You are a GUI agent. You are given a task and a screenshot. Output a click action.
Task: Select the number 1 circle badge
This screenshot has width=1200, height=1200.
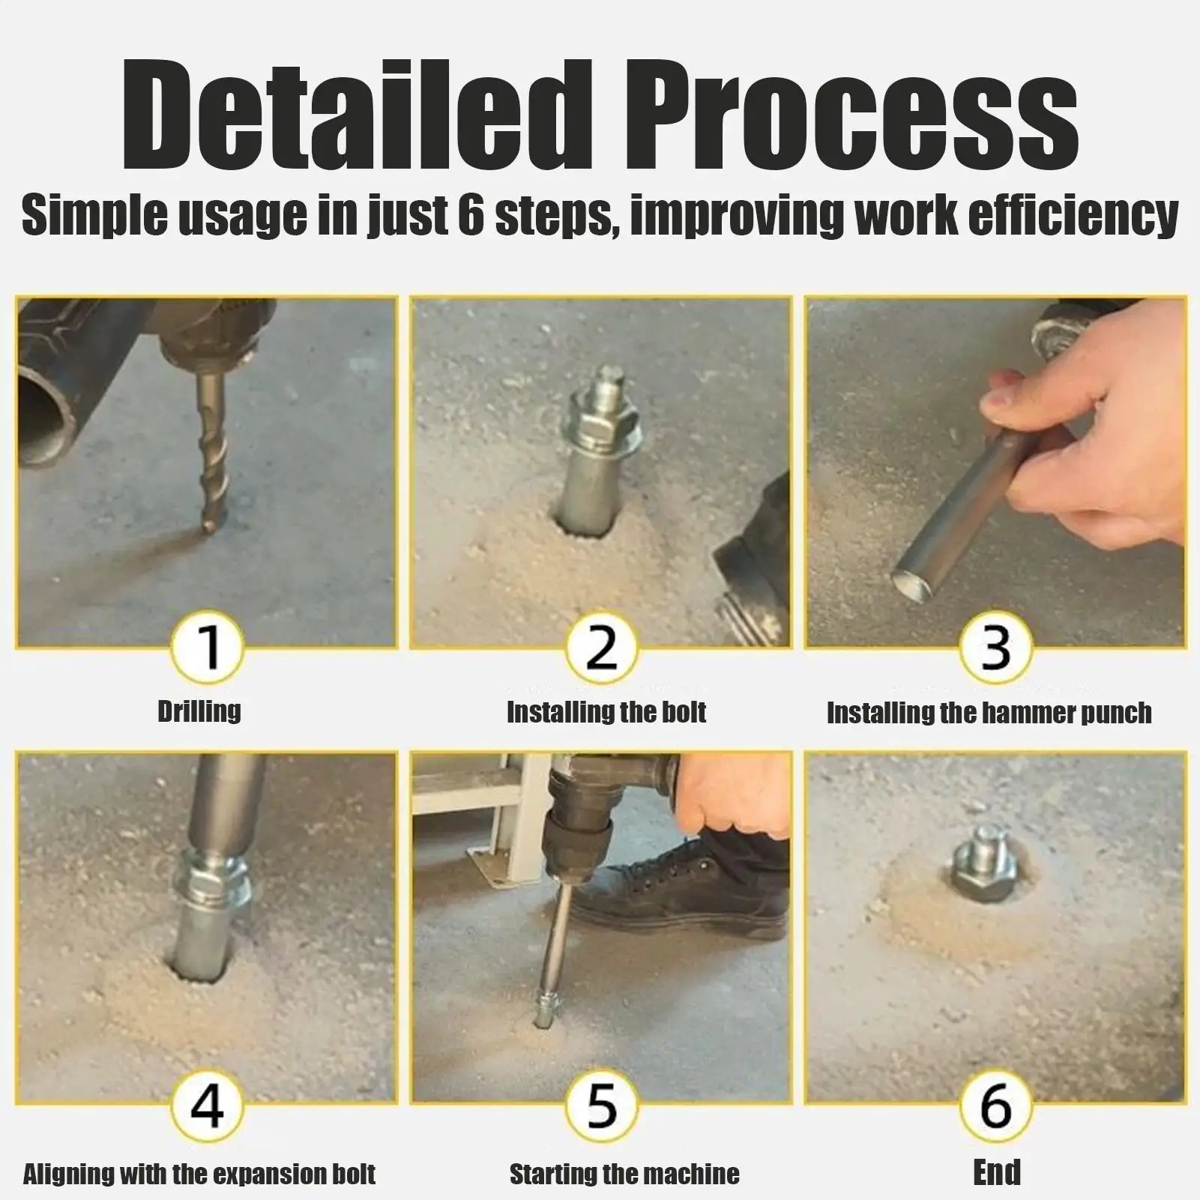(x=208, y=648)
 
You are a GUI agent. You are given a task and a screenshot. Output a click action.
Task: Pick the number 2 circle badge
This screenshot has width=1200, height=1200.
(x=600, y=648)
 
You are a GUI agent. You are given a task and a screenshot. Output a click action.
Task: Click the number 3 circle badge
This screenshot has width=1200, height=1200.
(x=995, y=648)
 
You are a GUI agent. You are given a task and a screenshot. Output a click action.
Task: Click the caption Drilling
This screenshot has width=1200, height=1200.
(x=199, y=711)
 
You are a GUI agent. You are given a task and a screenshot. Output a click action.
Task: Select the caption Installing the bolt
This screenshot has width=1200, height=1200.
(x=606, y=711)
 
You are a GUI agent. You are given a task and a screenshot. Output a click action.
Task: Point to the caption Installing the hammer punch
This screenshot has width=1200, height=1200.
(x=989, y=712)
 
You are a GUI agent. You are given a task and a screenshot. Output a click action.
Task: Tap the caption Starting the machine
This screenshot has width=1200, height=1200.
(x=624, y=1173)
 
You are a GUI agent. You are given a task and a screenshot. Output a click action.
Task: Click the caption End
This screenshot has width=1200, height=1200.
(x=996, y=1172)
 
